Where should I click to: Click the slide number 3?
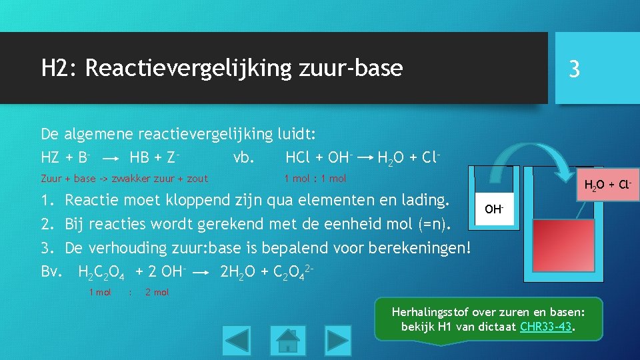[x=574, y=69]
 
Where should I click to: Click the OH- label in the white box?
[x=494, y=209]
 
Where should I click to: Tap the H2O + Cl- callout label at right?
[x=607, y=184]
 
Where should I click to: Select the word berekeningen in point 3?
[x=413, y=248]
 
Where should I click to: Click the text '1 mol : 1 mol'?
[x=315, y=179]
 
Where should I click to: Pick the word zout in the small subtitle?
[x=195, y=179]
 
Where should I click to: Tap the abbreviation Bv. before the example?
[x=51, y=272]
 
